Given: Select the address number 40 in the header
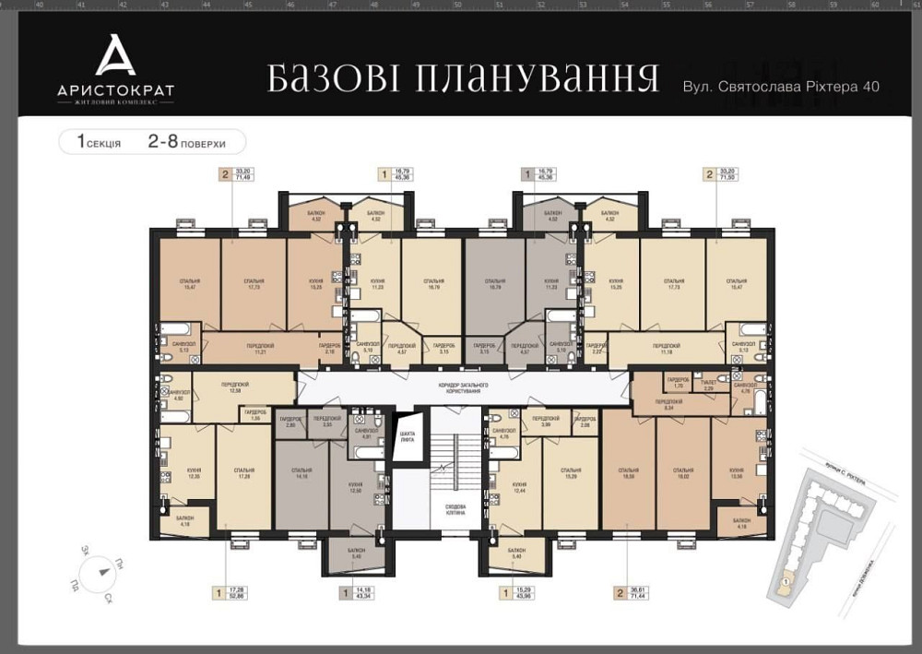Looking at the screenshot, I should coord(869,86).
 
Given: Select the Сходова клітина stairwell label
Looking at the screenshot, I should coord(455,510).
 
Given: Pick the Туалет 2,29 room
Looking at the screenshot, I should coord(709,385).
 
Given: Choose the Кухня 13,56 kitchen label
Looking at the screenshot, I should coord(737,471).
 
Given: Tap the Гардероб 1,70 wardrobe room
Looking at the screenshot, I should coord(679,382).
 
